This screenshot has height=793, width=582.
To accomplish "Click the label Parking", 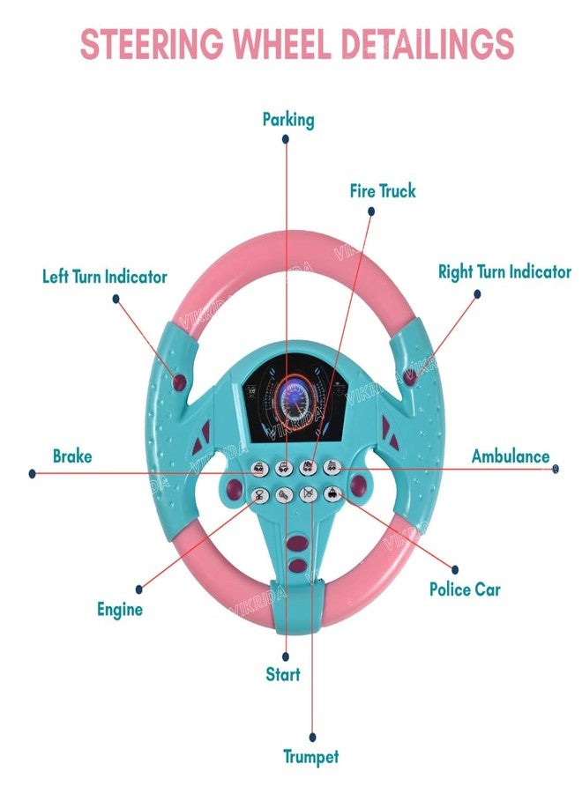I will [287, 119].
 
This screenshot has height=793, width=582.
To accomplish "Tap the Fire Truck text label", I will [383, 190].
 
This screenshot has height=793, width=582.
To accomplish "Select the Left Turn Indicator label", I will [104, 277].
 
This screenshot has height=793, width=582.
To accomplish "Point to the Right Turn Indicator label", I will [504, 271].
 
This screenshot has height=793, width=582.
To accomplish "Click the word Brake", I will [72, 456].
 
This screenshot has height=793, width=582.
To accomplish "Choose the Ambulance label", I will [510, 456].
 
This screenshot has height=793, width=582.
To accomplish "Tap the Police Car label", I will [465, 589].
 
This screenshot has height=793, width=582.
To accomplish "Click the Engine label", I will [119, 609].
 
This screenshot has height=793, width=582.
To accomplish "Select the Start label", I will [283, 675].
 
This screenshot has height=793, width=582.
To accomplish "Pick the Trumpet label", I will [310, 756].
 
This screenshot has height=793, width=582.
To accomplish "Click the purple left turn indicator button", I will [180, 382].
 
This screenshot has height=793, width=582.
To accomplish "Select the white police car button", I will [331, 494].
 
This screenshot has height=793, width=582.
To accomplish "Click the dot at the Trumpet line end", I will [312, 737].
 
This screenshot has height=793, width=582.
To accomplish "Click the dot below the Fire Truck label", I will [371, 211].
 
